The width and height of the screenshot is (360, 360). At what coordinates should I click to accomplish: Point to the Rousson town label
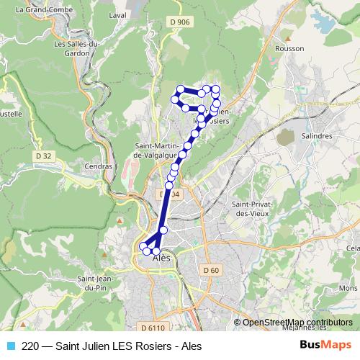click(x=289, y=48)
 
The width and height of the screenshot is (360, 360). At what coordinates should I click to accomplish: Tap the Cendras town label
click(x=99, y=166)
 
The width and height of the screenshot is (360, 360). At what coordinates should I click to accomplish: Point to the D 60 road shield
click(x=210, y=270)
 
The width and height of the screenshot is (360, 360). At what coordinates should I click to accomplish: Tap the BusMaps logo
click(x=324, y=345)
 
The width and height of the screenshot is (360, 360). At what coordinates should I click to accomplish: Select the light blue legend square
click(x=9, y=346)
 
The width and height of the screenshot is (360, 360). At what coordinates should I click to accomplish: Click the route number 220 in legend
click(x=30, y=346)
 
